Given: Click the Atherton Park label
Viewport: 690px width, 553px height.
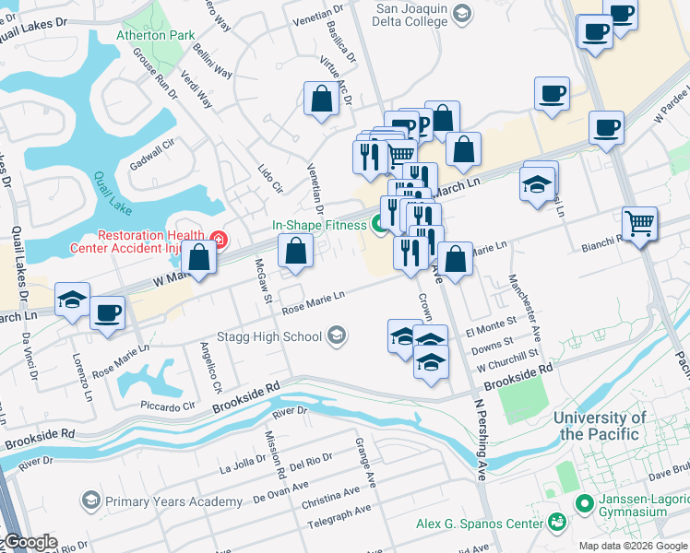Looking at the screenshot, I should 155,35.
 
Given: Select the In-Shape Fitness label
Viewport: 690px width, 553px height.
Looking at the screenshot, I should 318,224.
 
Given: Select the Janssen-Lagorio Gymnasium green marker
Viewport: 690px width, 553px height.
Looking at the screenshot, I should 583,502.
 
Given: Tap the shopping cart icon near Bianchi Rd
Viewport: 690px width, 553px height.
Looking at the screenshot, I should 639,223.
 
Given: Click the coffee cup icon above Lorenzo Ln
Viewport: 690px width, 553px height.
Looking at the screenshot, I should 107,312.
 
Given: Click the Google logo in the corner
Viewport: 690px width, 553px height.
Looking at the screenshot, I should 30,542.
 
